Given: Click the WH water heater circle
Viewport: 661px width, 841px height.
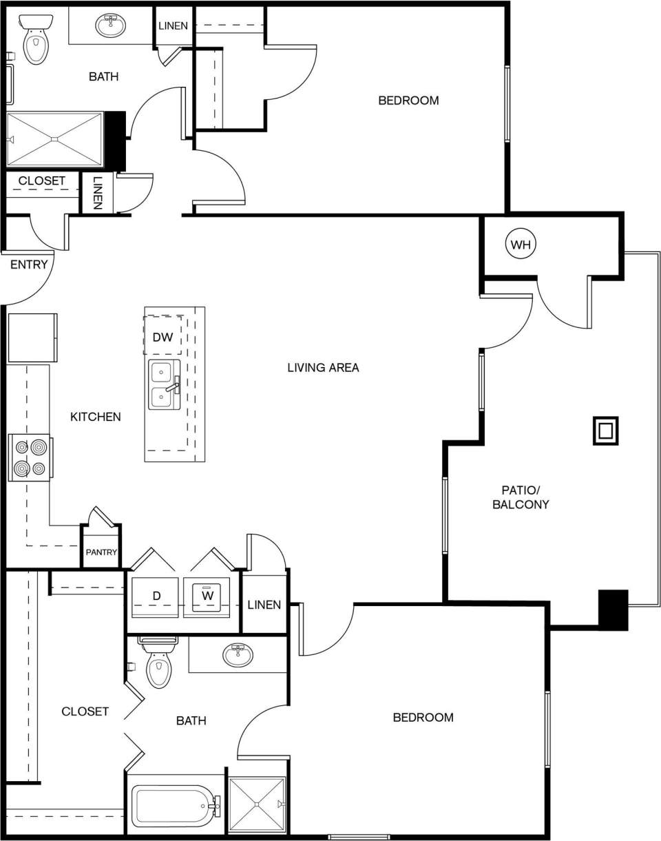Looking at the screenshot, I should pyautogui.click(x=521, y=244).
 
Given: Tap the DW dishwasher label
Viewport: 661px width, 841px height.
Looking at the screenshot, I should pyautogui.click(x=162, y=338).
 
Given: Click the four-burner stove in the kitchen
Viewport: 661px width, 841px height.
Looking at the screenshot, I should pyautogui.click(x=29, y=458).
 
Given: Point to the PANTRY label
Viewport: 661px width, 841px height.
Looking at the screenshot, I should pyautogui.click(x=101, y=552).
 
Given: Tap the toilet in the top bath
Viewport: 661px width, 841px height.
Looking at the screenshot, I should pyautogui.click(x=34, y=41).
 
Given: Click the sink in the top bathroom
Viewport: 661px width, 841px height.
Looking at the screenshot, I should pyautogui.click(x=110, y=26).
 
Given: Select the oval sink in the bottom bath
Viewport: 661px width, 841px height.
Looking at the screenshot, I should pyautogui.click(x=238, y=654).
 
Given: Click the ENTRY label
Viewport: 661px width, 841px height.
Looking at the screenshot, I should pyautogui.click(x=29, y=264).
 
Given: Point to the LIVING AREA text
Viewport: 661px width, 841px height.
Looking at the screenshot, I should pyautogui.click(x=323, y=368).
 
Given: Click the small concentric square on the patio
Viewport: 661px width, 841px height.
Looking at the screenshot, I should pyautogui.click(x=605, y=431).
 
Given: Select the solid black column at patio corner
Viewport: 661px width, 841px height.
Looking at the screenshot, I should pyautogui.click(x=613, y=610).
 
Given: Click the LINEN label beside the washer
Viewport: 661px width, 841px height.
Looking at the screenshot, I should pyautogui.click(x=264, y=605).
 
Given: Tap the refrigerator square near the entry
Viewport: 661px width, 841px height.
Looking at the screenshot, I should pyautogui.click(x=32, y=338).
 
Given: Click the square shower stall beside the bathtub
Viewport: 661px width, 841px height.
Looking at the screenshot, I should pyautogui.click(x=257, y=804).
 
